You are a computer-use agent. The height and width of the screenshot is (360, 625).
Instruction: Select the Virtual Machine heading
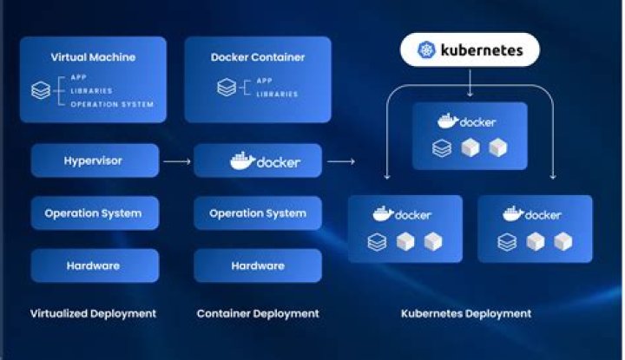pos(93,57)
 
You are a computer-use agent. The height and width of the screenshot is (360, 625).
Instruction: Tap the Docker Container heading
pos(257,57)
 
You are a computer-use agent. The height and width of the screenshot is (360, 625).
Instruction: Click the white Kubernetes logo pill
pos(470,50)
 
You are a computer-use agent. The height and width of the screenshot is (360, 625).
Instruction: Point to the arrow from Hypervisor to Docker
pos(176,161)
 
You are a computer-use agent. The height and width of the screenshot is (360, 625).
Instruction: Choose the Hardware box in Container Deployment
pos(258,265)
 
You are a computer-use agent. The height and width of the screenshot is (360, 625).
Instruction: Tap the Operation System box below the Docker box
pos(258,213)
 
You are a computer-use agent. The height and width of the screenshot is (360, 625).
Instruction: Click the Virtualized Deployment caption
pos(93,313)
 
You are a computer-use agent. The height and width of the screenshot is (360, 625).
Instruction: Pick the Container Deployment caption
pos(258,313)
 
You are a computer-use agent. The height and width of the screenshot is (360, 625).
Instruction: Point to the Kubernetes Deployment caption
pos(466,313)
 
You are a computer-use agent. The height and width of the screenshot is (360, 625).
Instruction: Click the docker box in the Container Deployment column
pos(258,161)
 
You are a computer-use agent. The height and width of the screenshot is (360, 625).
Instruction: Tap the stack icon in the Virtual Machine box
pos(40,89)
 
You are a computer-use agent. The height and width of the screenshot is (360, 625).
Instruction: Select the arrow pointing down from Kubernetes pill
pos(470,84)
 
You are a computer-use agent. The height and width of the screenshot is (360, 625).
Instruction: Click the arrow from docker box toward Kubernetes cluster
pos(340,161)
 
